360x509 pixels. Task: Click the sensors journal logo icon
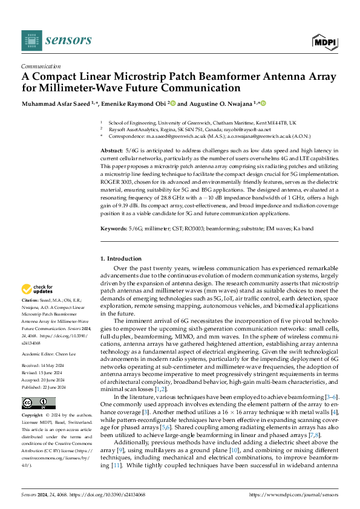(31, 41)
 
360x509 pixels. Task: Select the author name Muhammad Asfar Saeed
(59, 103)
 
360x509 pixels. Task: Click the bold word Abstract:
(112, 149)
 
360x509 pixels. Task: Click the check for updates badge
(38, 290)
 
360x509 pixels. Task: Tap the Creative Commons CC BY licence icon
(38, 403)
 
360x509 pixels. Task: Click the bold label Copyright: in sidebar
(33, 417)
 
